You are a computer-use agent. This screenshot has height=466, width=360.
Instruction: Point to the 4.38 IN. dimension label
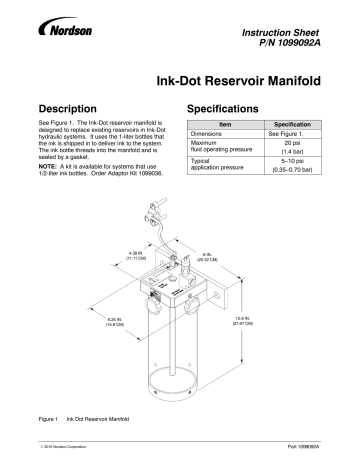(139, 228)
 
